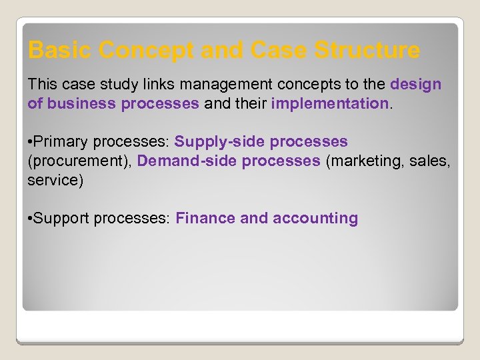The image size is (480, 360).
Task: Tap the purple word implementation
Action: coord(329,103)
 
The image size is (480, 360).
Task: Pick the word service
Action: coord(53,180)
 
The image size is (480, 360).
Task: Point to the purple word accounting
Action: coord(315,219)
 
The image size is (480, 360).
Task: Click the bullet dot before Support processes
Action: coord(30,219)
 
